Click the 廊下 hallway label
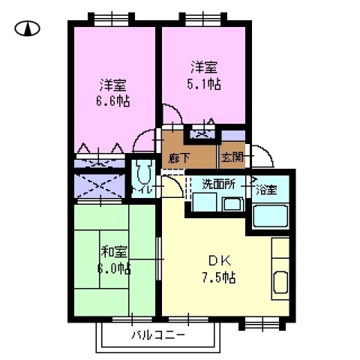[x=178, y=158]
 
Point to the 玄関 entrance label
[x=231, y=158]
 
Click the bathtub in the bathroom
[x=270, y=215]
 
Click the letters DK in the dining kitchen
[x=219, y=261]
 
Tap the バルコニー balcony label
[x=157, y=334]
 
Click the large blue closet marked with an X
[x=100, y=184]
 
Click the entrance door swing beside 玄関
[x=259, y=156]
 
